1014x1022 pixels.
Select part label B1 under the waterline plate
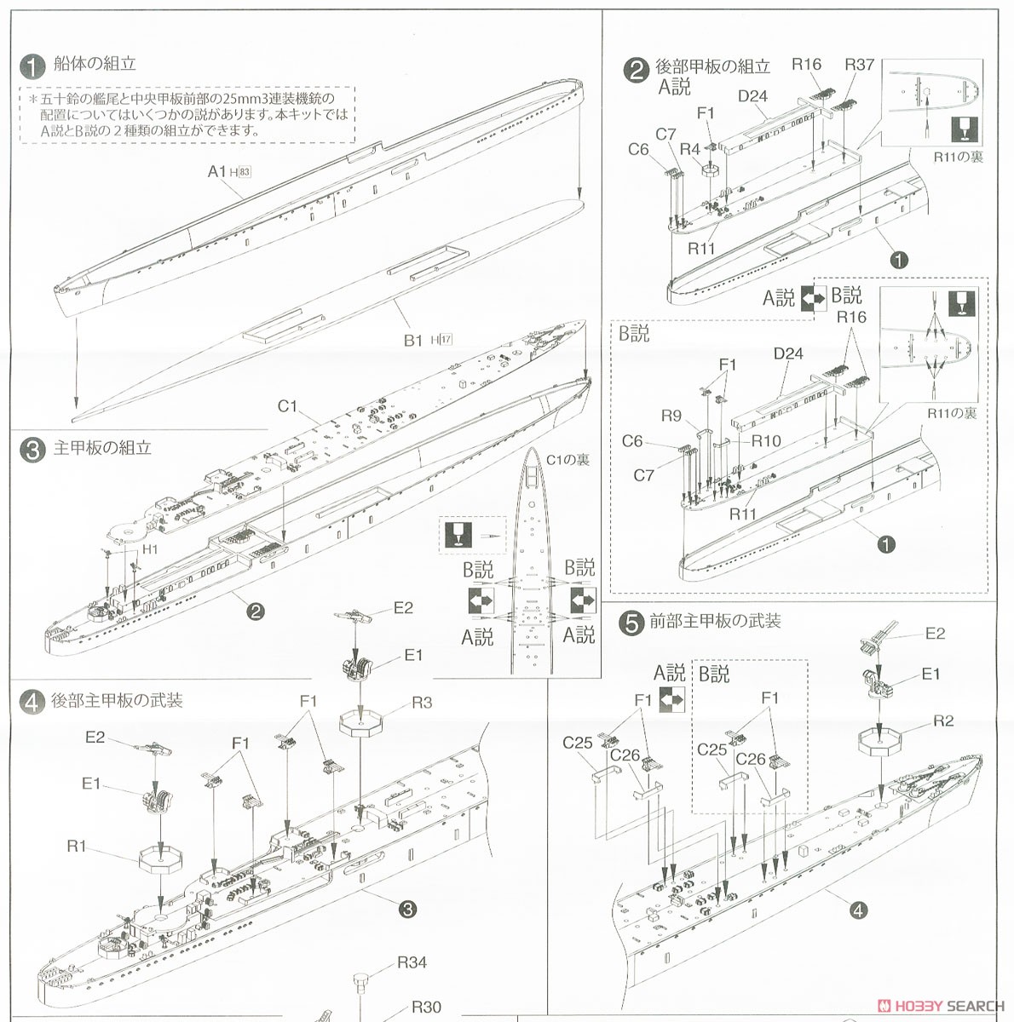click(413, 340)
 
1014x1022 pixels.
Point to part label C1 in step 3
click(287, 406)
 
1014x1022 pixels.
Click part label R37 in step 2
click(859, 65)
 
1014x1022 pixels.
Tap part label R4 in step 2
click(689, 149)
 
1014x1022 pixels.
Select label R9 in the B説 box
click(671, 416)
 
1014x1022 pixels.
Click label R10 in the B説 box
click(765, 440)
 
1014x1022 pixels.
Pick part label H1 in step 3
click(150, 549)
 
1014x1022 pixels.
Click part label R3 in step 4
click(421, 703)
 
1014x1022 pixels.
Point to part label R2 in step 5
click(942, 721)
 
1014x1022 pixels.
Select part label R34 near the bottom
click(412, 962)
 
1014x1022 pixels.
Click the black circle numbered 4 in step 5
click(858, 910)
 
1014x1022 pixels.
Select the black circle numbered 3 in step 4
click(407, 910)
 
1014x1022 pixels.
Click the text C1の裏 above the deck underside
click(567, 460)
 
